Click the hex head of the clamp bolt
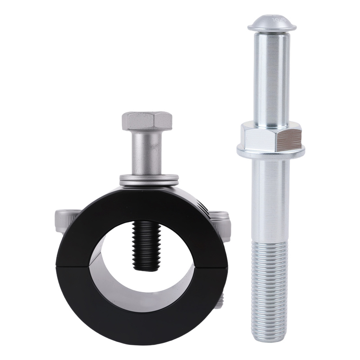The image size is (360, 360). pos(148,122)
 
